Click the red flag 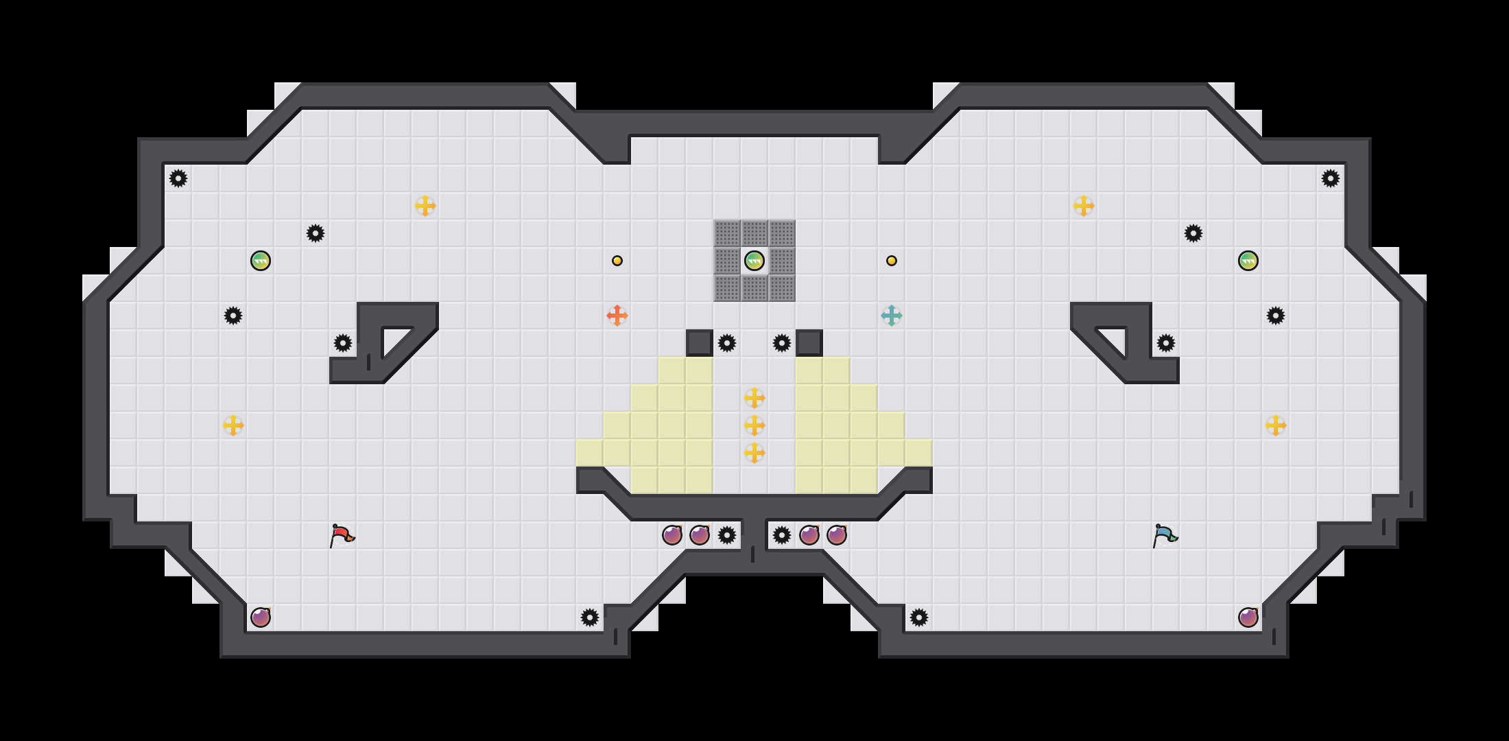[342, 535]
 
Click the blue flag [1165, 535]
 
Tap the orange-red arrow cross [617, 316]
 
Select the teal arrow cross [892, 316]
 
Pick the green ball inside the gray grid [754, 261]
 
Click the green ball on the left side [261, 261]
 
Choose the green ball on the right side [1248, 261]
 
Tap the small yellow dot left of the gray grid [617, 261]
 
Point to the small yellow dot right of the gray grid [892, 261]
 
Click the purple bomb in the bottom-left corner [261, 617]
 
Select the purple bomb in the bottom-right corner [1248, 617]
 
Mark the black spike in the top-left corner [178, 178]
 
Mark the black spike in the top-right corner [1331, 178]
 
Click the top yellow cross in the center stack [754, 398]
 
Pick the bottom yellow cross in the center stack [754, 453]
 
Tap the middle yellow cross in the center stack [754, 425]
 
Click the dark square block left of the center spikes [700, 343]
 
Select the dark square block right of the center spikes [809, 343]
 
